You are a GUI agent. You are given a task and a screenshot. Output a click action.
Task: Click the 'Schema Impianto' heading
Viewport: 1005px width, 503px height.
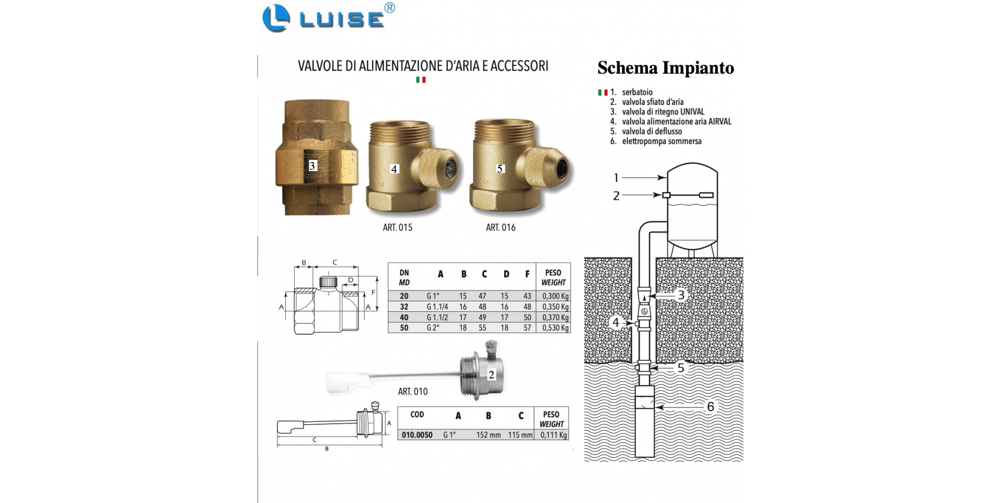coord(666,68)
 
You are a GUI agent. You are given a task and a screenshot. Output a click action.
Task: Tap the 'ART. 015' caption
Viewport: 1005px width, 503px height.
coord(398,227)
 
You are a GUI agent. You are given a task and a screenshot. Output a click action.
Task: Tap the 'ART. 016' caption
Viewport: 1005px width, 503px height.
coord(500,227)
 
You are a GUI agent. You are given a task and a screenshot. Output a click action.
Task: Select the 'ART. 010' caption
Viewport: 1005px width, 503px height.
coord(413,391)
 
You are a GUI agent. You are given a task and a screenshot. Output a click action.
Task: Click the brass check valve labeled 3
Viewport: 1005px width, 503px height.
coord(313,158)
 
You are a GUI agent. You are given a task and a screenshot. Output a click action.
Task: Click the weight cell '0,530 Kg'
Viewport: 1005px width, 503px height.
coord(555,328)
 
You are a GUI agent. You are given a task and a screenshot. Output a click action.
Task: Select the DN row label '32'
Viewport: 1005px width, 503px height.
coord(404,307)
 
